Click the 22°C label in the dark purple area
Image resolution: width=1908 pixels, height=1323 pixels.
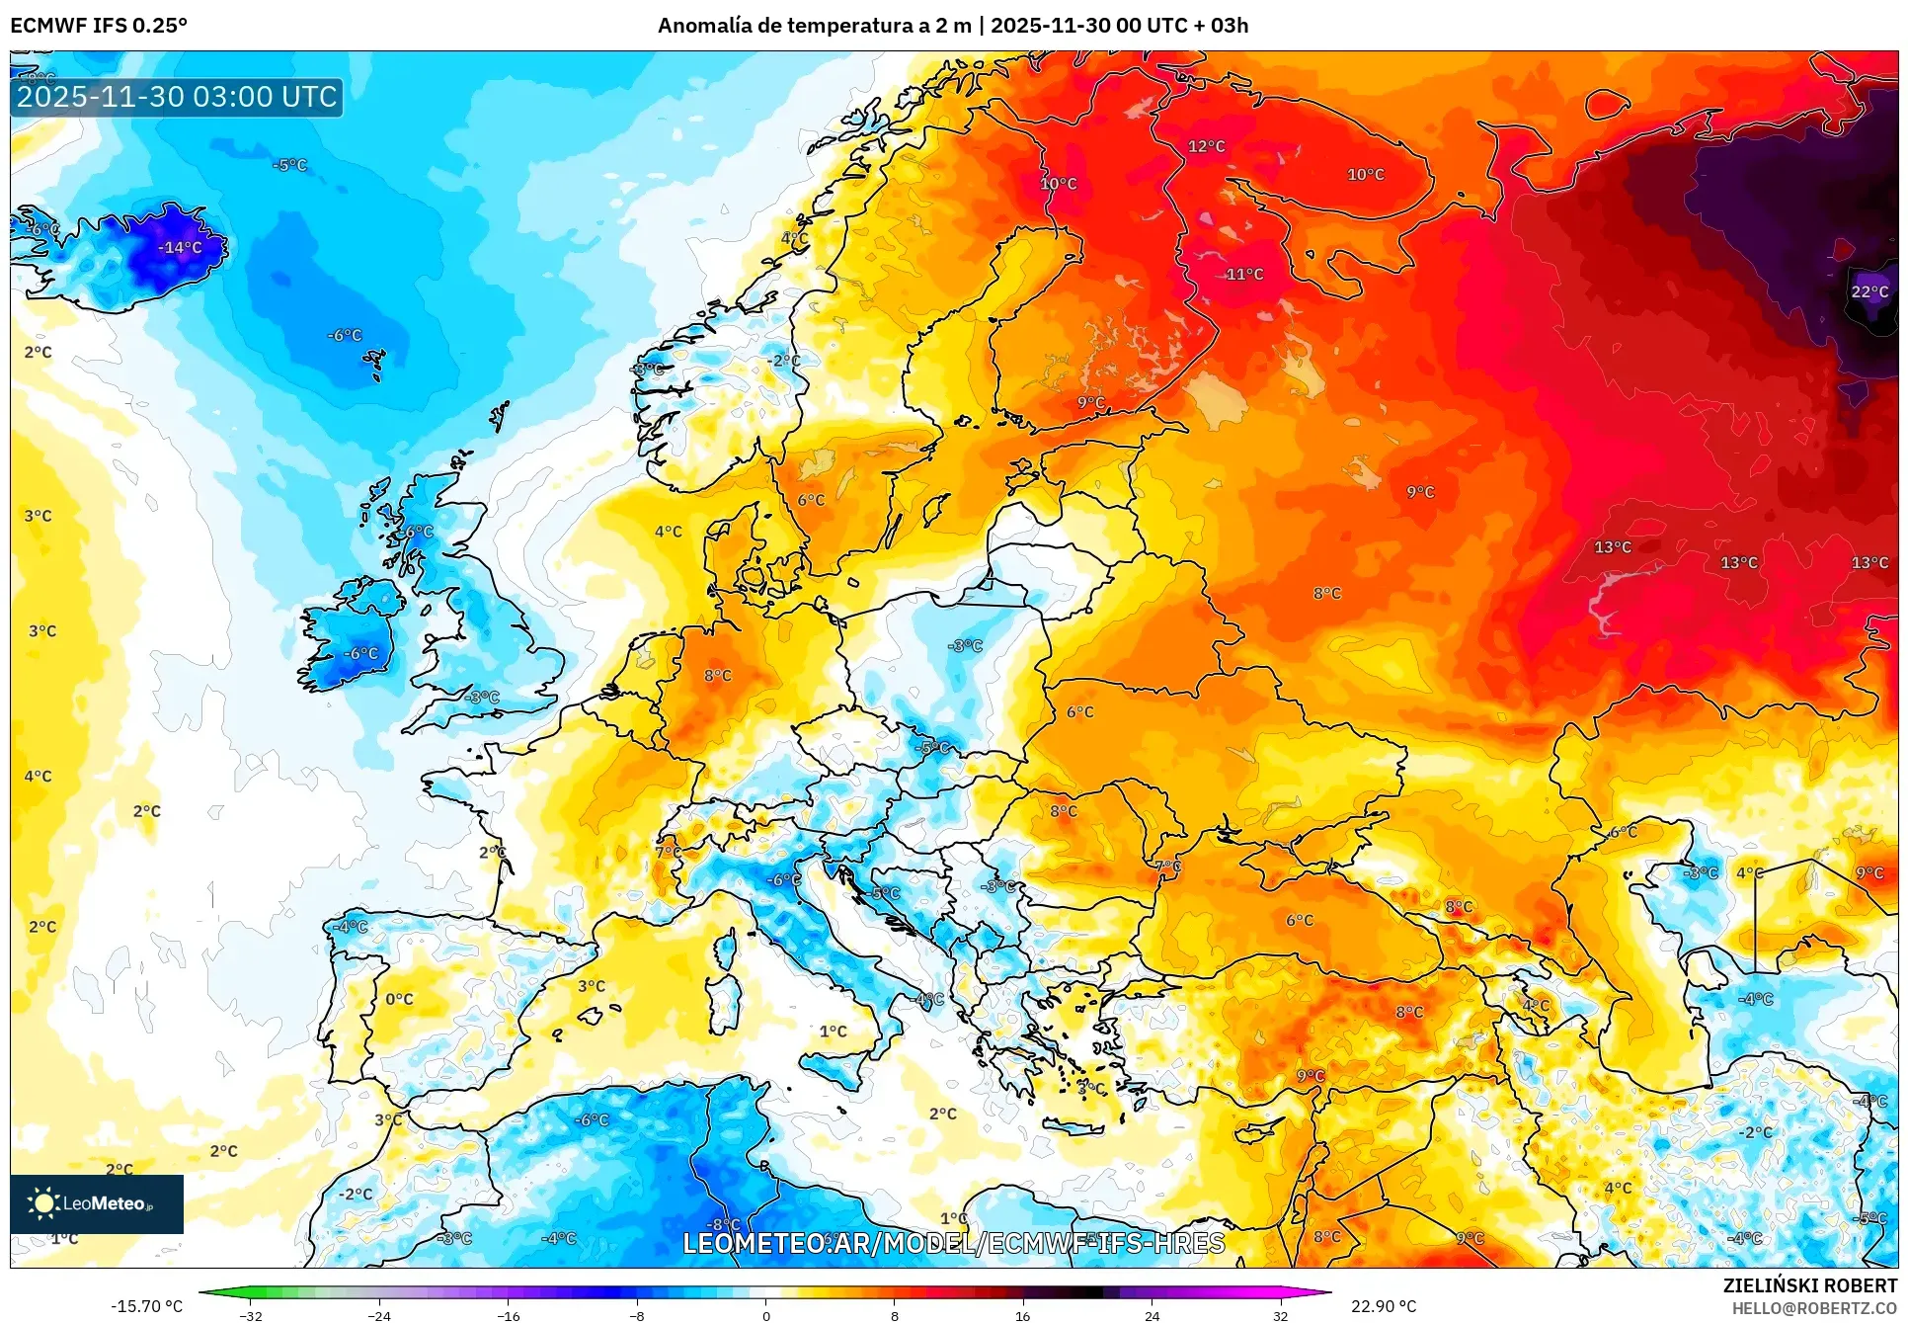1869,291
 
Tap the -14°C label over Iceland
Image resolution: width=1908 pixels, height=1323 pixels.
180,247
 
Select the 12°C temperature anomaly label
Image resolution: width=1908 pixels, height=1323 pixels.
1206,146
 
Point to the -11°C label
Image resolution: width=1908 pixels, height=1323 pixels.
1243,274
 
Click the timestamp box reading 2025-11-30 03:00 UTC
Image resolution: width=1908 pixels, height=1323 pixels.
177,97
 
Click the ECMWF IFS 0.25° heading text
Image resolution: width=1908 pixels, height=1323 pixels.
99,26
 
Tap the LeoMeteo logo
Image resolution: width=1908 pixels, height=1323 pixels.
96,1203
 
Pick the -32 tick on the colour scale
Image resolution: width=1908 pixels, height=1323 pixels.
251,1315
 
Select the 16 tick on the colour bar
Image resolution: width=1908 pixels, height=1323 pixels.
1022,1315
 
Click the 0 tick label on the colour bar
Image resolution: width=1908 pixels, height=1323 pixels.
765,1315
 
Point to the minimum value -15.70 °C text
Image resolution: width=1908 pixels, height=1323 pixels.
146,1306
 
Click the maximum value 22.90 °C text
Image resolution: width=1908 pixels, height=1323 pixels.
1383,1306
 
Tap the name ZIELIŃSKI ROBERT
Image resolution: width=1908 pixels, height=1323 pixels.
1809,1285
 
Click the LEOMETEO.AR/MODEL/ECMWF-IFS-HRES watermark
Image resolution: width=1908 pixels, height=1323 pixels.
954,1243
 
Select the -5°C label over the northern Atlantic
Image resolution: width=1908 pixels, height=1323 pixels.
289,165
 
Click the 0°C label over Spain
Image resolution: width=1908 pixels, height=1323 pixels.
399,999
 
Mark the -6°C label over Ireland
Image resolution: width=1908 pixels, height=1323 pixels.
360,653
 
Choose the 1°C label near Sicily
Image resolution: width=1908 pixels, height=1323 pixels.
833,1031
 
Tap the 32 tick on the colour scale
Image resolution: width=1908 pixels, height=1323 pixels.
1280,1315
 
